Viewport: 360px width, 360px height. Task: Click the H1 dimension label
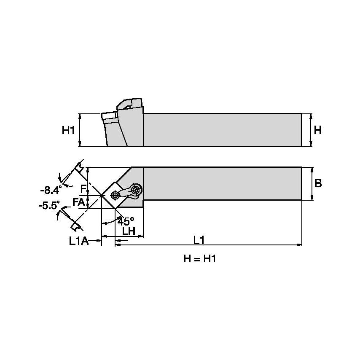click(x=68, y=130)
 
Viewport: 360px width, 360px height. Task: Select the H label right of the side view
click(x=317, y=130)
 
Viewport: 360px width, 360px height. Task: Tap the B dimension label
click(x=318, y=183)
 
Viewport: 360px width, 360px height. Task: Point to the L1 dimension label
click(x=199, y=240)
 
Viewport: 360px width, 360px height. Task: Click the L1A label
click(x=79, y=241)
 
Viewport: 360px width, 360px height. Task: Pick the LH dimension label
click(x=129, y=231)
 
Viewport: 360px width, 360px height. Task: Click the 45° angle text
click(x=126, y=220)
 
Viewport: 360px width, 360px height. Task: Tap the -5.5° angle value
click(x=49, y=206)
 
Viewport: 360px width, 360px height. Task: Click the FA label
click(x=78, y=202)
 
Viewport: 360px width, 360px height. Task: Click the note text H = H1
click(x=200, y=259)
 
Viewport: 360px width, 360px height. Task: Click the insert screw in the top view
click(x=114, y=195)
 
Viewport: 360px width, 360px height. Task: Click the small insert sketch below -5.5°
click(x=75, y=226)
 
